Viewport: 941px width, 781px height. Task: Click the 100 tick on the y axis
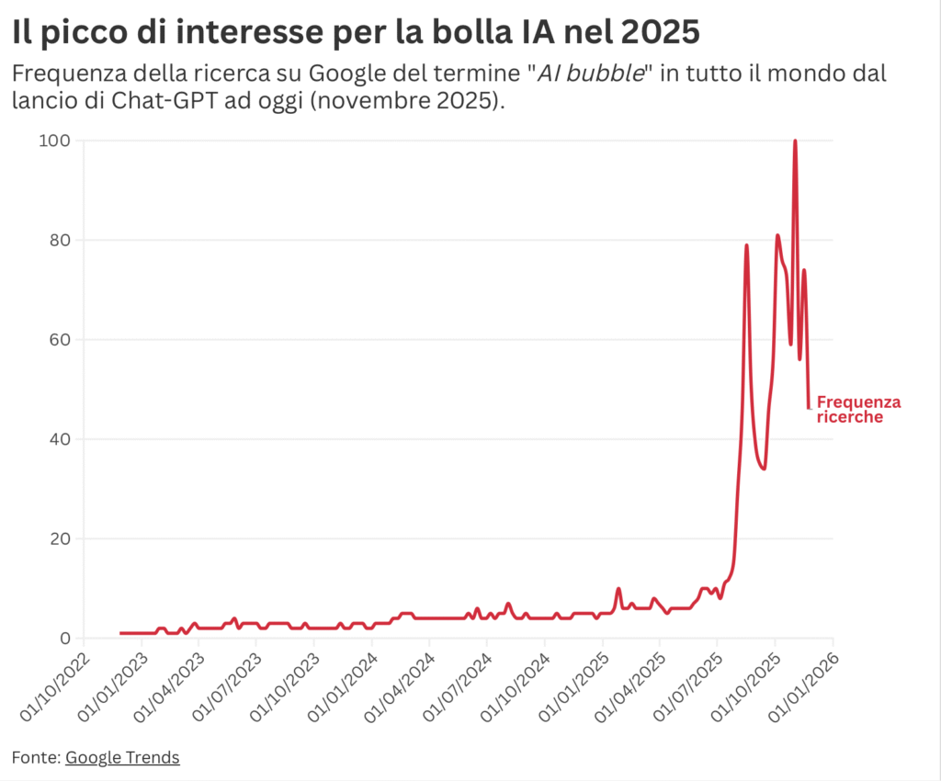click(54, 141)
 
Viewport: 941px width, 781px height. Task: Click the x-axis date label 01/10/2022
click(54, 687)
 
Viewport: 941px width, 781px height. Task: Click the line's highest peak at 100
click(795, 141)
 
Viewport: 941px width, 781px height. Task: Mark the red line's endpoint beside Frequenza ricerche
click(809, 408)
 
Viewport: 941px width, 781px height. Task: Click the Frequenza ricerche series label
click(858, 410)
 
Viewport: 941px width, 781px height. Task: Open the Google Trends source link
click(122, 758)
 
